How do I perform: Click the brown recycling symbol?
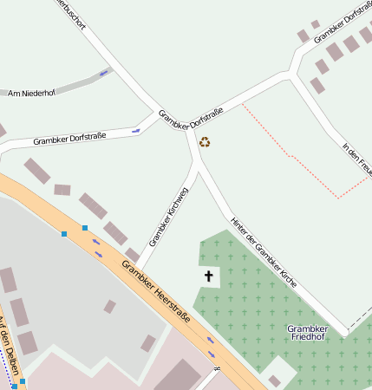pos(205,141)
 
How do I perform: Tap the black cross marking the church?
pos(208,276)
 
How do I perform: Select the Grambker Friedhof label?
pos(308,335)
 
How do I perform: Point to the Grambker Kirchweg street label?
pos(168,216)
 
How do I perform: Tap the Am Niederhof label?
pos(31,92)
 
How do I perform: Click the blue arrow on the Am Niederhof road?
pos(104,73)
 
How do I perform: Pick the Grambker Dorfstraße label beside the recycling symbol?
pos(191,118)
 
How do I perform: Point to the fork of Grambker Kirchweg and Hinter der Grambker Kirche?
pos(199,171)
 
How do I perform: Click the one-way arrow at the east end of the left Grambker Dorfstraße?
pos(136,131)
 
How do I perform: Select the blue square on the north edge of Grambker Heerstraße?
pos(85,227)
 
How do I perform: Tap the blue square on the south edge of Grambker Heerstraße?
pos(64,234)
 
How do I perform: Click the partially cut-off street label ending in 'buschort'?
pos(71,13)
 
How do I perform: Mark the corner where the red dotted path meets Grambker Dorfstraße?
pos(243,103)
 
